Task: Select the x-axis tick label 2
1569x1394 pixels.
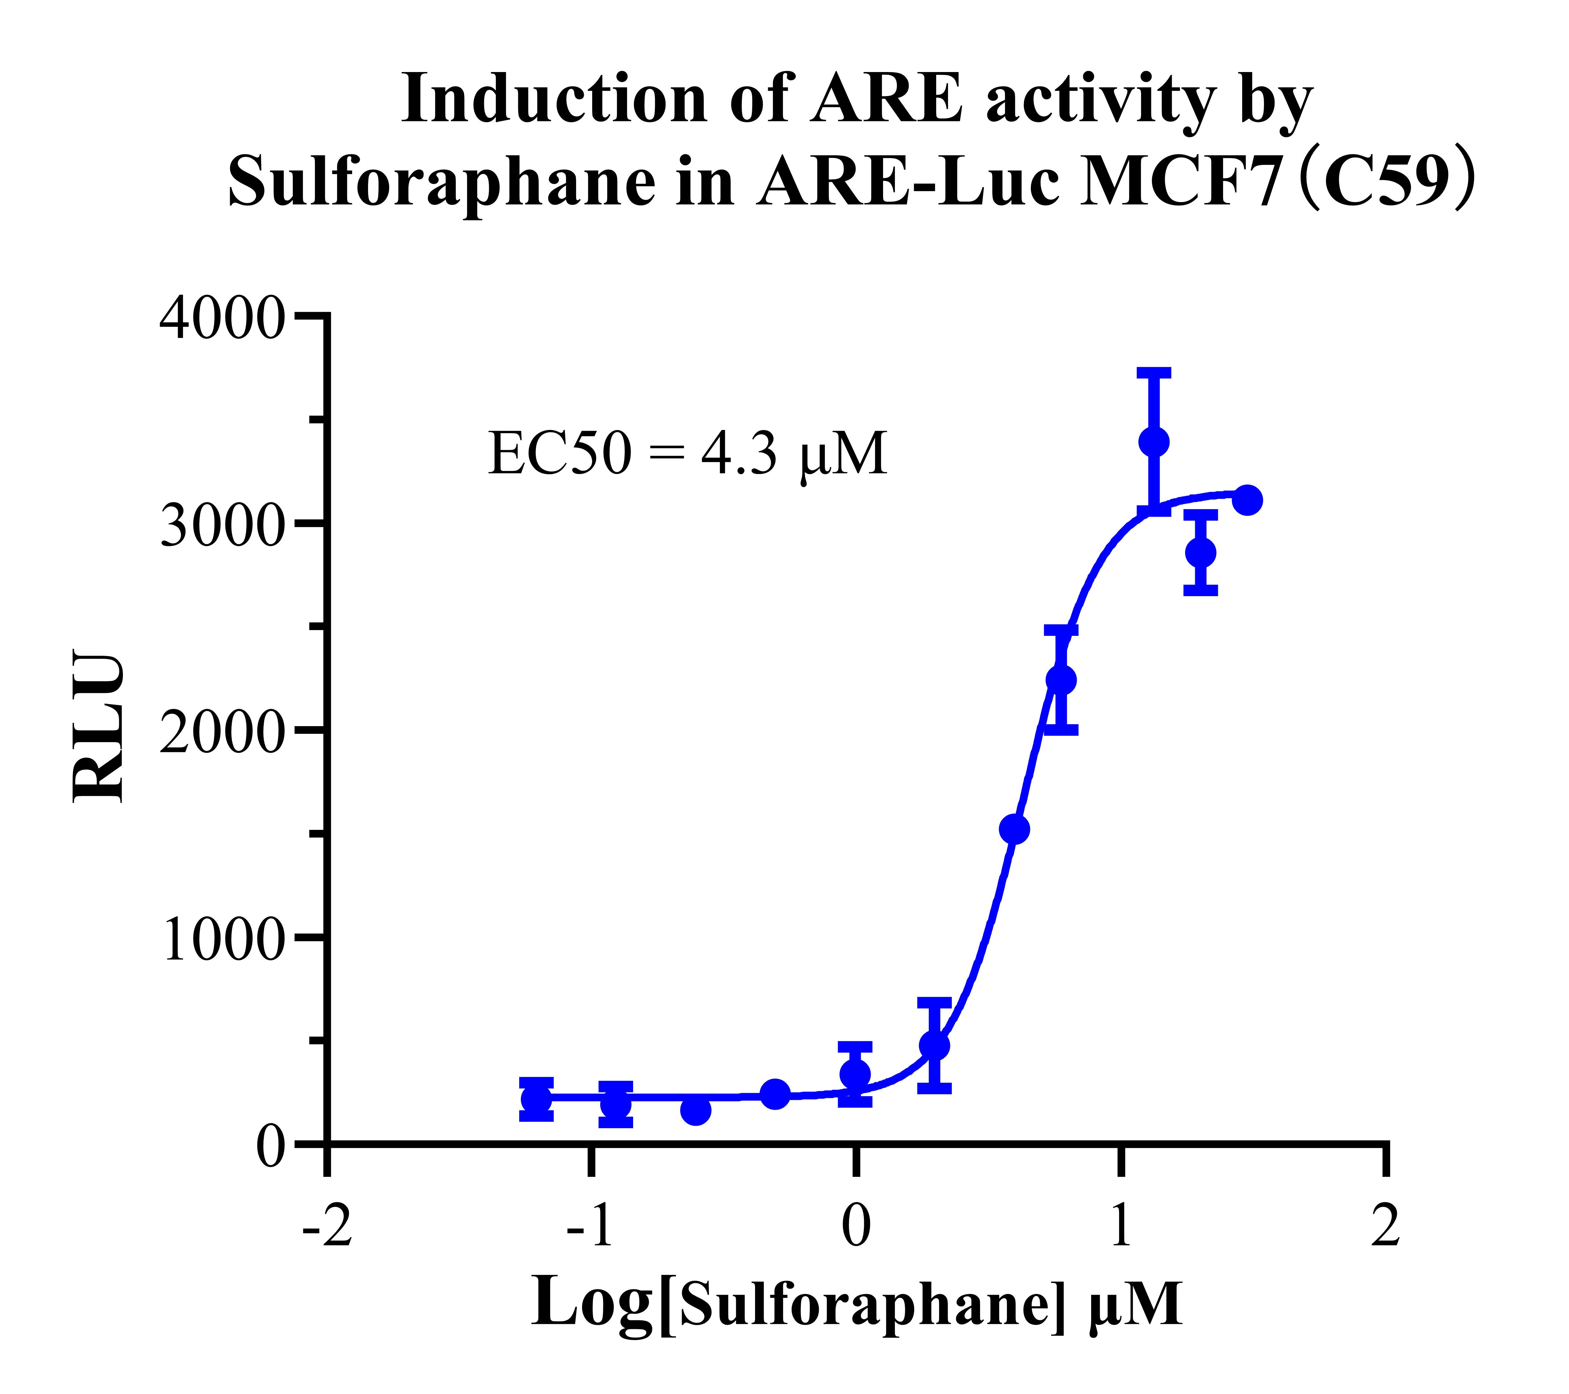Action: coord(1386,1226)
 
